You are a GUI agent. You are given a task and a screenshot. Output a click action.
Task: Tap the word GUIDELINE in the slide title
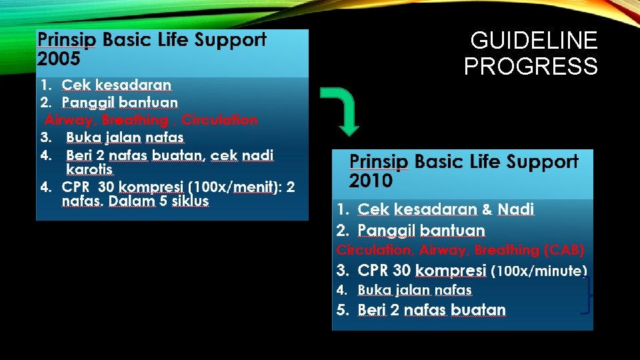pos(534,41)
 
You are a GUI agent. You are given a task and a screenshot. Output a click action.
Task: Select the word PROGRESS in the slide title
pos(531,67)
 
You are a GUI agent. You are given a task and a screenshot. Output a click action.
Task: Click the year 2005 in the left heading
pos(59,59)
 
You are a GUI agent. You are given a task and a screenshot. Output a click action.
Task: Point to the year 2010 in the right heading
pos(371,180)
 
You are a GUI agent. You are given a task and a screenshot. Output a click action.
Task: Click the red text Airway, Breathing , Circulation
pos(151,120)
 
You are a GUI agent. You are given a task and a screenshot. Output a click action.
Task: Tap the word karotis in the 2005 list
pos(89,170)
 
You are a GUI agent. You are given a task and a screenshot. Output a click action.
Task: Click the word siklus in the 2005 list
pos(190,201)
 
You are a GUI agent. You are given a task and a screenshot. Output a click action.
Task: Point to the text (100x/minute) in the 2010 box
pos(539,271)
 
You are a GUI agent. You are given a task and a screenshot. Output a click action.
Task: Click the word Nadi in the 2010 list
pos(516,209)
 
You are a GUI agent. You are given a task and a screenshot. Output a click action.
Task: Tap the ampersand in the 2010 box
pos(487,209)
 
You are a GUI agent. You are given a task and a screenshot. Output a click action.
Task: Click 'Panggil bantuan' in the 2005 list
pos(120,102)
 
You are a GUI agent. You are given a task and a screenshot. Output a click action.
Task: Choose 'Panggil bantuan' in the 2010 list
pos(421,231)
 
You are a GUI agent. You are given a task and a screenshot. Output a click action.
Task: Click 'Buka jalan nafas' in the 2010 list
pos(415,291)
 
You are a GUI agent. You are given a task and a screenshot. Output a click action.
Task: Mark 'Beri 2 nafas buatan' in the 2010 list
pos(431,310)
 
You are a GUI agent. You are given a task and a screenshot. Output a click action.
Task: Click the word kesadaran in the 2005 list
pos(133,85)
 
